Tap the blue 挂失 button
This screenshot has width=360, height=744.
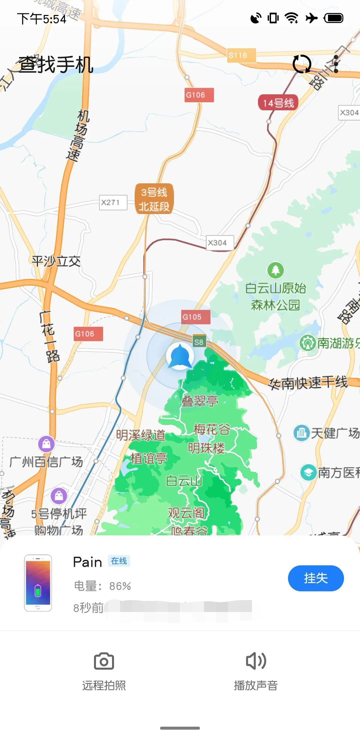coord(316,578)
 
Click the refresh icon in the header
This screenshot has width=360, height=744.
coord(302,64)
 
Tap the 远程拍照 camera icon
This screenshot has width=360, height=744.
coord(104,661)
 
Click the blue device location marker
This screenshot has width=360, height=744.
coord(180,356)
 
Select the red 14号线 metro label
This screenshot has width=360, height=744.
coord(278,103)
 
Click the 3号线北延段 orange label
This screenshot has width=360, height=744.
coord(154,199)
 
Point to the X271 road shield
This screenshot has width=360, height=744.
coord(113,202)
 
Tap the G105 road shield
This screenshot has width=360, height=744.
coord(196,317)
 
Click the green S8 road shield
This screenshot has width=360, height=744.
coord(199,342)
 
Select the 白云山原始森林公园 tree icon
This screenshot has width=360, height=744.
coord(275,270)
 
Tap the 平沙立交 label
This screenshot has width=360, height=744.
coord(56,261)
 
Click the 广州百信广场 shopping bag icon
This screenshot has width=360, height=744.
coord(46,444)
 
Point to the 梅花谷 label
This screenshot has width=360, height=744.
coord(212,429)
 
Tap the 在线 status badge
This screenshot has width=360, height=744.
coord(119,561)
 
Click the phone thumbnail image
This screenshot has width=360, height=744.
coord(38,583)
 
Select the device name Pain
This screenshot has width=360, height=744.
coord(87,562)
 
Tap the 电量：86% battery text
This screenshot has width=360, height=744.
coord(102,586)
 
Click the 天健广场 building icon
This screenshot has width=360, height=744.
coord(301,433)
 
